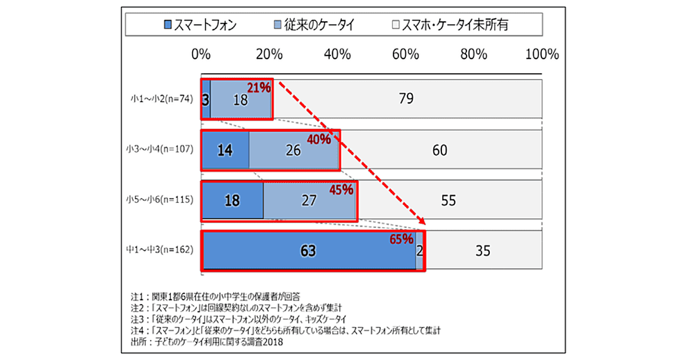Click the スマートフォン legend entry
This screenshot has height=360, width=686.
coord(200,25)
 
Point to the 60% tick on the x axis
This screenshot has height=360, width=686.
coord(405,55)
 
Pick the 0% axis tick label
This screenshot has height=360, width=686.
coord(201,55)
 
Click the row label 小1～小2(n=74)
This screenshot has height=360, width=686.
coord(161,99)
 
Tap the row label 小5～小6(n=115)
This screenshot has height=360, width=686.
coord(161,200)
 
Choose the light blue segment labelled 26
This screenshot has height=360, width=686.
coord(294,150)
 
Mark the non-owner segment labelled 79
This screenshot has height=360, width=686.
coord(406,99)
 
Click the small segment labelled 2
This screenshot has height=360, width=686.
coord(420,250)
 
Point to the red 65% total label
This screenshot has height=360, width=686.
coord(401,239)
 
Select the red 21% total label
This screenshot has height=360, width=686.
coord(258,87)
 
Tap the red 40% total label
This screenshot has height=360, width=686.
coord(319,139)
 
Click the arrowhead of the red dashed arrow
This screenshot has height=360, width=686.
coord(422,221)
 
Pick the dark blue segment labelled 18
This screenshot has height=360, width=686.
coord(232,201)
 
